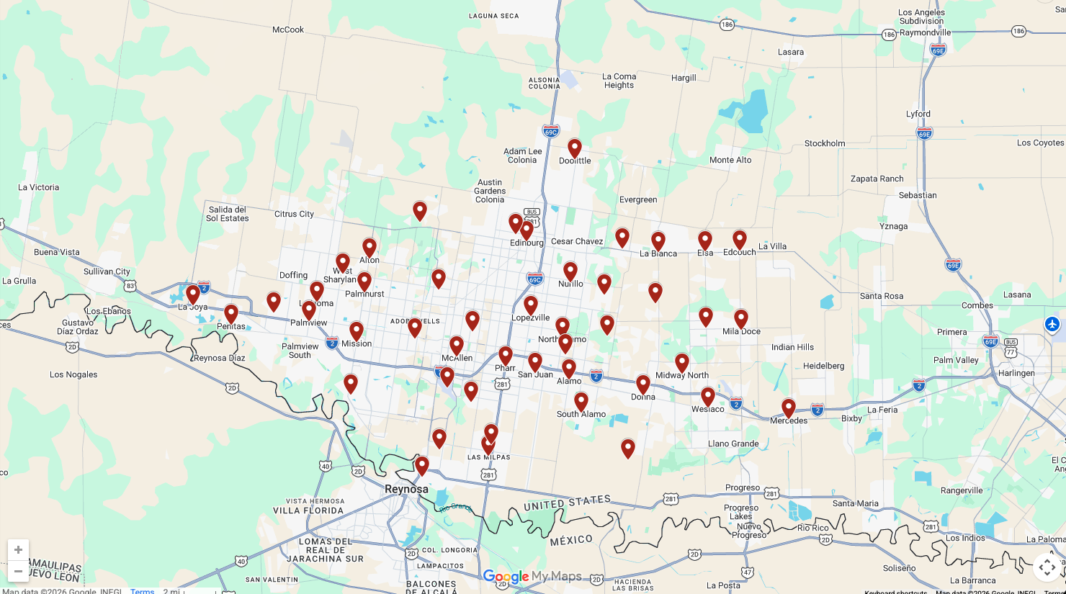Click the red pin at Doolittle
click(x=575, y=148)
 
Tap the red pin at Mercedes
click(x=789, y=408)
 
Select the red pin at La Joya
click(x=193, y=294)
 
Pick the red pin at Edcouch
click(x=740, y=240)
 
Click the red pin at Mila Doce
click(x=741, y=319)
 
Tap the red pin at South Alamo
click(x=581, y=402)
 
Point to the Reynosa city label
click(x=406, y=489)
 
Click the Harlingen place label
click(x=1016, y=373)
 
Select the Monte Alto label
click(x=730, y=160)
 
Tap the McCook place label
click(x=288, y=30)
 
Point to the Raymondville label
click(x=926, y=32)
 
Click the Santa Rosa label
click(x=882, y=296)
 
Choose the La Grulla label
click(x=19, y=281)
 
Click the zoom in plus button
click(x=18, y=550)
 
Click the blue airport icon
click(x=1052, y=324)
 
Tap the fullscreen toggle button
click(x=1047, y=567)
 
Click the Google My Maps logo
click(x=532, y=577)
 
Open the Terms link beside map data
click(x=143, y=591)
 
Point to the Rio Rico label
click(x=813, y=528)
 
